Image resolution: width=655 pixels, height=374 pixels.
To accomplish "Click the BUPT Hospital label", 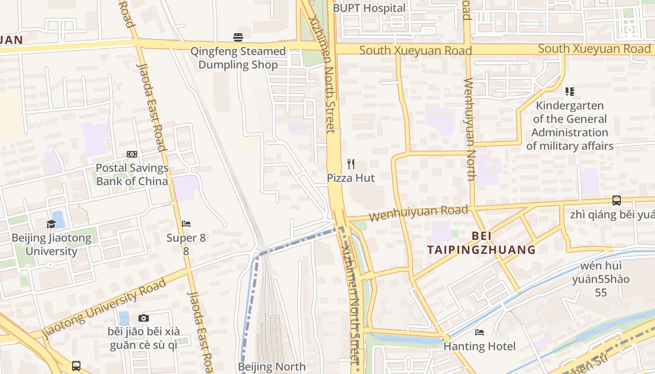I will [x=369, y=8].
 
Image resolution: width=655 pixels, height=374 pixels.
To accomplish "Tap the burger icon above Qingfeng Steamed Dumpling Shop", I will [x=238, y=37].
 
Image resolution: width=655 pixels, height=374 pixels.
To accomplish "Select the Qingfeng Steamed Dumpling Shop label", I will [x=238, y=58].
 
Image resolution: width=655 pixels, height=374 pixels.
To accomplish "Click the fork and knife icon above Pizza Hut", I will [x=351, y=164].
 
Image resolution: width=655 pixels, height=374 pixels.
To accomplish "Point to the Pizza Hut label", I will [x=351, y=178].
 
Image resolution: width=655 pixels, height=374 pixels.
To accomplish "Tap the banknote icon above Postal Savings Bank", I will [x=132, y=154].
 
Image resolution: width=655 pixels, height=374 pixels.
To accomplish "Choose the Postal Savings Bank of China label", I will [x=132, y=174].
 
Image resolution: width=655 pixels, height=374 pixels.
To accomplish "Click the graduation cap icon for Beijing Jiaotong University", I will [x=51, y=224].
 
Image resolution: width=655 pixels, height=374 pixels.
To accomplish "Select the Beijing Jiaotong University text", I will [x=51, y=245].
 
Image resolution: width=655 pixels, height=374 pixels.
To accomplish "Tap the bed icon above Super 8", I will [x=186, y=224].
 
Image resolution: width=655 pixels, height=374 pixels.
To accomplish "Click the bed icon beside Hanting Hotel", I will [x=480, y=332].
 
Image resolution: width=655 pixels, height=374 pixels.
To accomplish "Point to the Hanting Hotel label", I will [x=480, y=346].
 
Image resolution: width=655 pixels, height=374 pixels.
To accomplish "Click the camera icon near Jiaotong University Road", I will [x=144, y=318].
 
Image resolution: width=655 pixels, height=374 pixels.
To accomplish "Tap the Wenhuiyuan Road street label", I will [x=418, y=214].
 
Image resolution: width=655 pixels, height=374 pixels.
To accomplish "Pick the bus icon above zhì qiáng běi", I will [x=617, y=201].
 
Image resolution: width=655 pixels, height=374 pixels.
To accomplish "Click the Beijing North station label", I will [x=272, y=367].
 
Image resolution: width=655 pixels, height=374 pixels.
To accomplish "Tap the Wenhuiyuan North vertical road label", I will [x=469, y=129].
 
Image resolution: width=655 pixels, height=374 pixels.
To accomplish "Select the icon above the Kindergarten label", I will [x=569, y=92].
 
